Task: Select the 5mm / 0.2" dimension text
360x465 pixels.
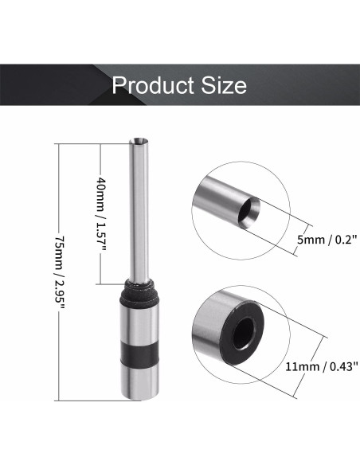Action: [x=323, y=237]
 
